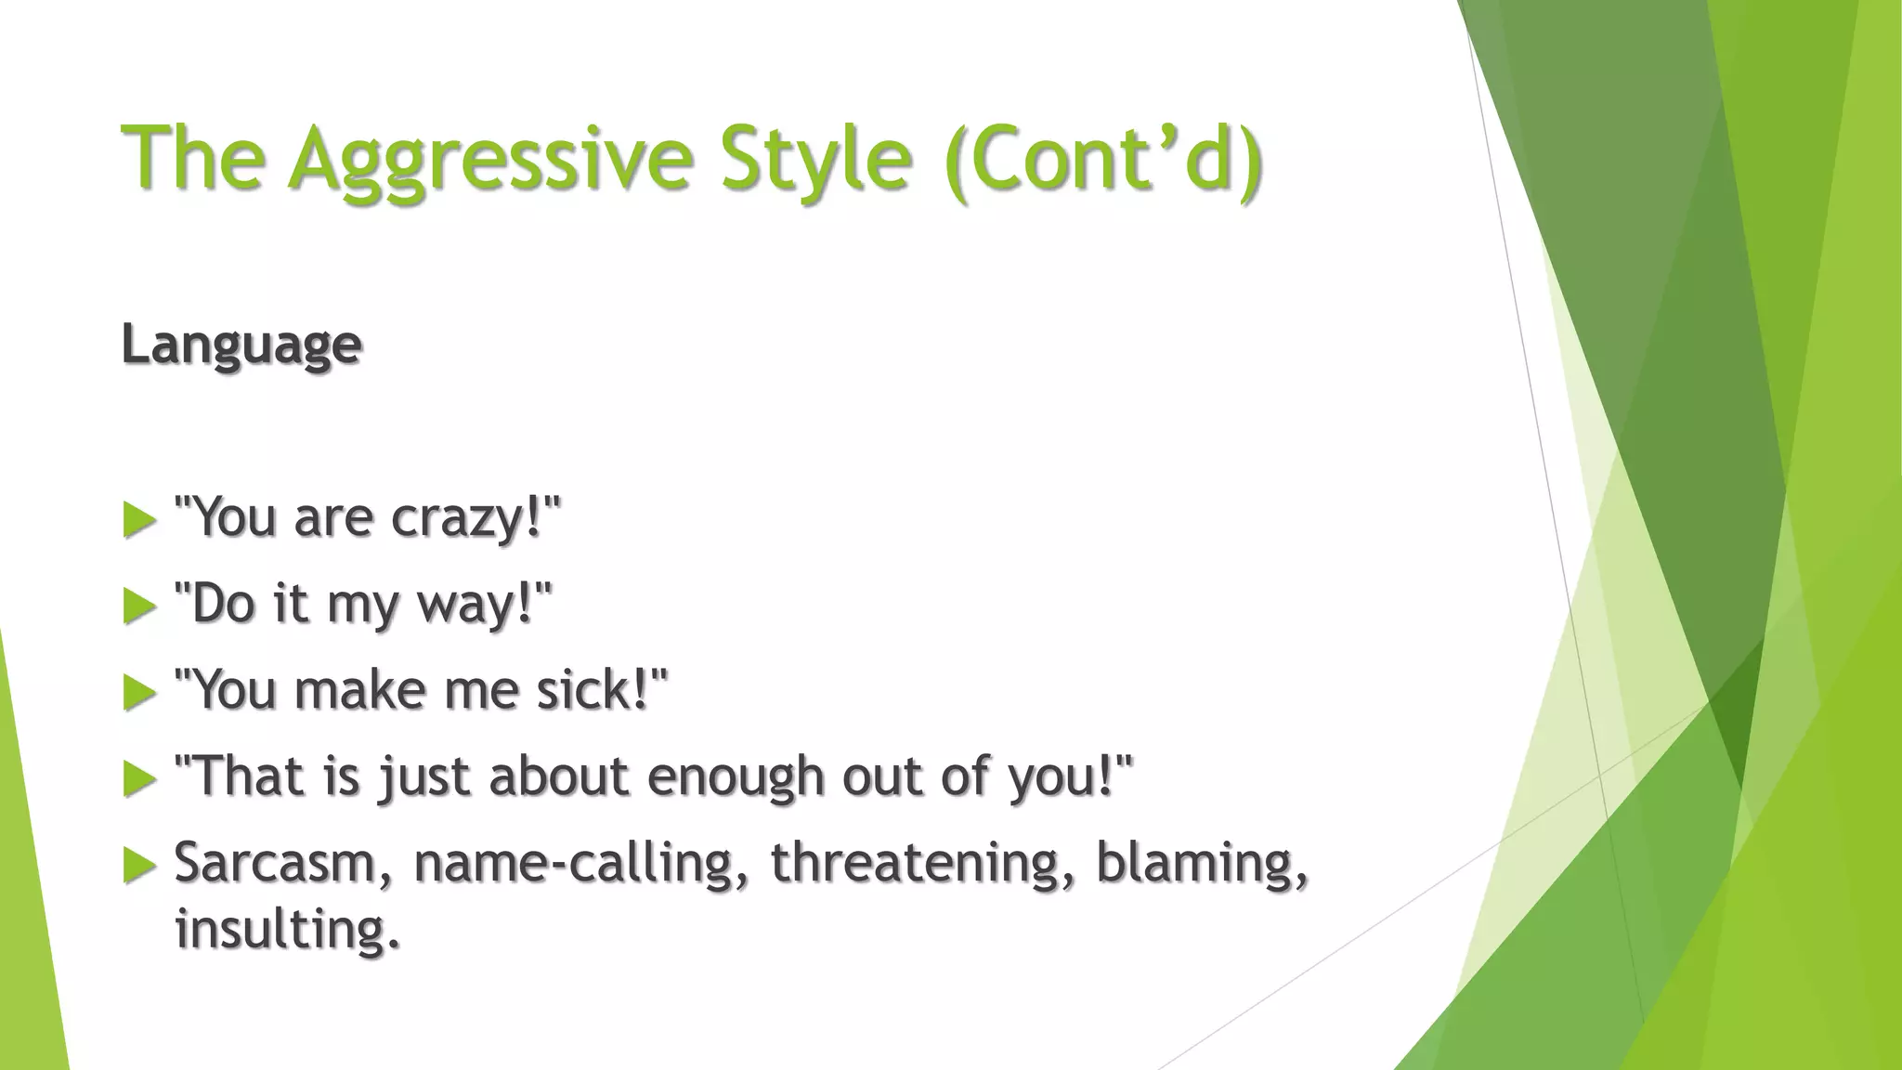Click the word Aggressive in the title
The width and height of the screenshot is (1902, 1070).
pos(490,158)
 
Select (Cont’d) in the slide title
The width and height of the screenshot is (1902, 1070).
pos(1102,158)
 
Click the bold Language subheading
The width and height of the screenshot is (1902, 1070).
pos(241,346)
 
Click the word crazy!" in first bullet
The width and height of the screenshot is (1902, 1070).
pos(475,518)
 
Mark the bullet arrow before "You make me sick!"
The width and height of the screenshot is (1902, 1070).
pos(139,692)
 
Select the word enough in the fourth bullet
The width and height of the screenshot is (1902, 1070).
pos(735,776)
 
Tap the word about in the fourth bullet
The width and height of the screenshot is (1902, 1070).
pos(559,776)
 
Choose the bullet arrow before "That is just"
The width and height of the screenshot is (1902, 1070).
pos(139,778)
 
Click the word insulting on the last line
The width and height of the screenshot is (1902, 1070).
pos(287,929)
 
